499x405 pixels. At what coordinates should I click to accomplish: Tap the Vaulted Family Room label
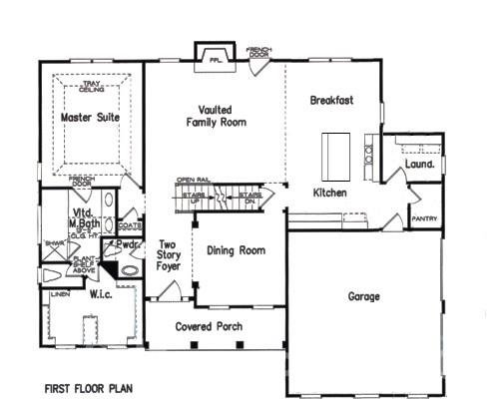[x=216, y=115]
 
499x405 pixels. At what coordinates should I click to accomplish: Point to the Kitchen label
[x=329, y=192]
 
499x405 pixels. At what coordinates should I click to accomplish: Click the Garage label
[x=365, y=296]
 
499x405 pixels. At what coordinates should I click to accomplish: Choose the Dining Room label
[x=236, y=250]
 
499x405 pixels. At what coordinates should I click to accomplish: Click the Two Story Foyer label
[x=168, y=254]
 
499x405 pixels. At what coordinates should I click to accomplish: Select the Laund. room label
[x=417, y=163]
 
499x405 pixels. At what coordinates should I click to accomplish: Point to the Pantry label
[x=424, y=218]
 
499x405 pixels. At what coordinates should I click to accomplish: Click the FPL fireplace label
[x=214, y=58]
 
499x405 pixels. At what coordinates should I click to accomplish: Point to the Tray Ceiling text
[x=90, y=89]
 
